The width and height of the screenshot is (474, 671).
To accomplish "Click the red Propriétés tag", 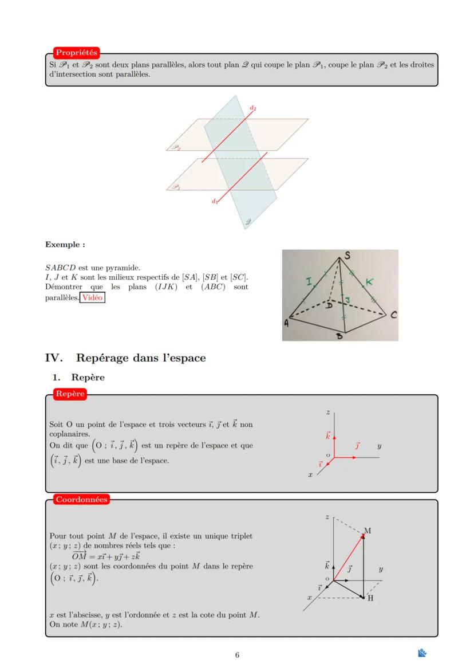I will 76,53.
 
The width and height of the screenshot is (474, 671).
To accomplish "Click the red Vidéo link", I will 93,297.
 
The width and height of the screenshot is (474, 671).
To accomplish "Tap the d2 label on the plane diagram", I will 252,108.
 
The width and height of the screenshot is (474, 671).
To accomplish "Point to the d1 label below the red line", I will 215,201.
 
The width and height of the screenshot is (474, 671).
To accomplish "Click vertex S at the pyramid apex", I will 347,256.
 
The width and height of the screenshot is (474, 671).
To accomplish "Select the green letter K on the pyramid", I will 369,282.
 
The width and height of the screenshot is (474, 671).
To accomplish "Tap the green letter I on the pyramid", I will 309,282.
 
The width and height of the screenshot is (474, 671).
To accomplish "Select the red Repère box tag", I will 70,394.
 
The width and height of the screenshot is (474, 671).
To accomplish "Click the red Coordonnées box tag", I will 81,499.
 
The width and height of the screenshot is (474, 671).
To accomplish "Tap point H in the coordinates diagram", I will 370,598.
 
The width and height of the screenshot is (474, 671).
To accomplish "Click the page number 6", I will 237,655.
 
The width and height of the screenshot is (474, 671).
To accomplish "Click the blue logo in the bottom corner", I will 422,653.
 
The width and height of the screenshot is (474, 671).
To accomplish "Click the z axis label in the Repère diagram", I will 327,412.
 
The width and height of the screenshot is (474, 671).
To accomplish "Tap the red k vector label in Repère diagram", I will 328,436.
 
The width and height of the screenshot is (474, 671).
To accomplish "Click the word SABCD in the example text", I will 60,268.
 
